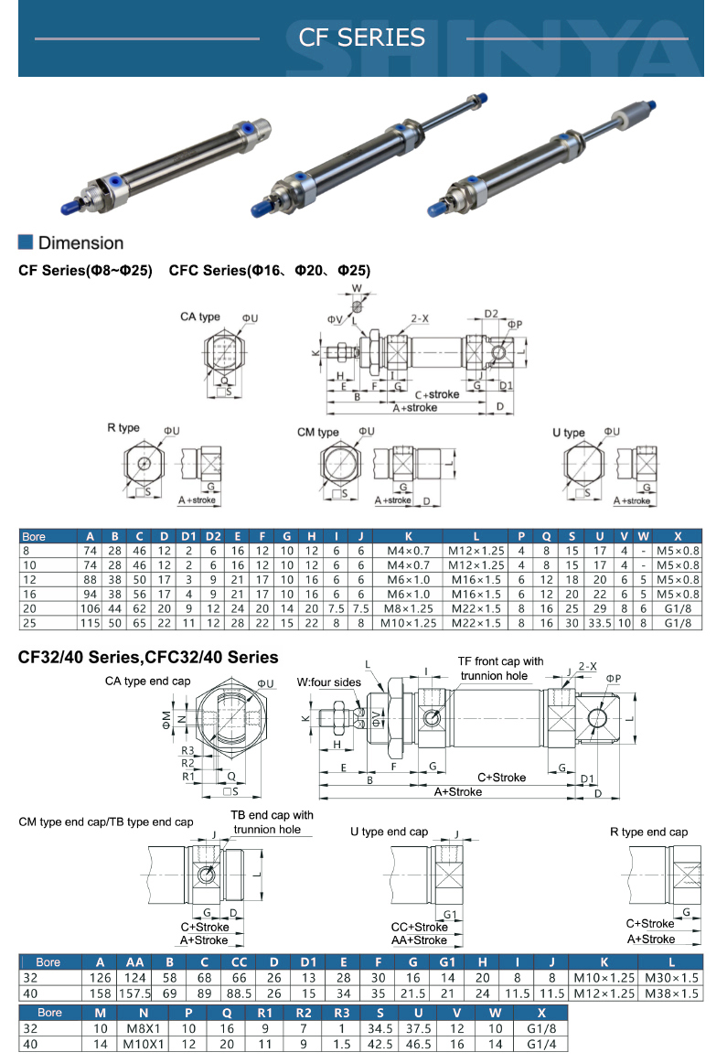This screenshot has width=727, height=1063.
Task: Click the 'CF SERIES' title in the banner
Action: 362,38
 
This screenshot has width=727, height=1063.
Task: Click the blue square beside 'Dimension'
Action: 26,242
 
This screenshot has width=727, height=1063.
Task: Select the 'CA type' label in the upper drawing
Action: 199,317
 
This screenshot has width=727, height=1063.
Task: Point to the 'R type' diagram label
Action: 123,428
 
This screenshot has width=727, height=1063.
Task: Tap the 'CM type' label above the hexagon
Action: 317,432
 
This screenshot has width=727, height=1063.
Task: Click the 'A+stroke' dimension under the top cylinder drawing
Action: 414,408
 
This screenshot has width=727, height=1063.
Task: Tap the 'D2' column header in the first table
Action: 213,536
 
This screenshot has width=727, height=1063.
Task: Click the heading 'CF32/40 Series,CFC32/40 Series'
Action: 148,657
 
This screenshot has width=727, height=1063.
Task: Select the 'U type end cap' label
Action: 389,832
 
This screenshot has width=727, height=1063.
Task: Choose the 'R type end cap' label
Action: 648,832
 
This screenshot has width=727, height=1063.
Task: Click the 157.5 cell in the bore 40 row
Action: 134,993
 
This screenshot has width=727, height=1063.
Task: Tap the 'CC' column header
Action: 239,962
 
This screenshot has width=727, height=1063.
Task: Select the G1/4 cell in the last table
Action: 541,1044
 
